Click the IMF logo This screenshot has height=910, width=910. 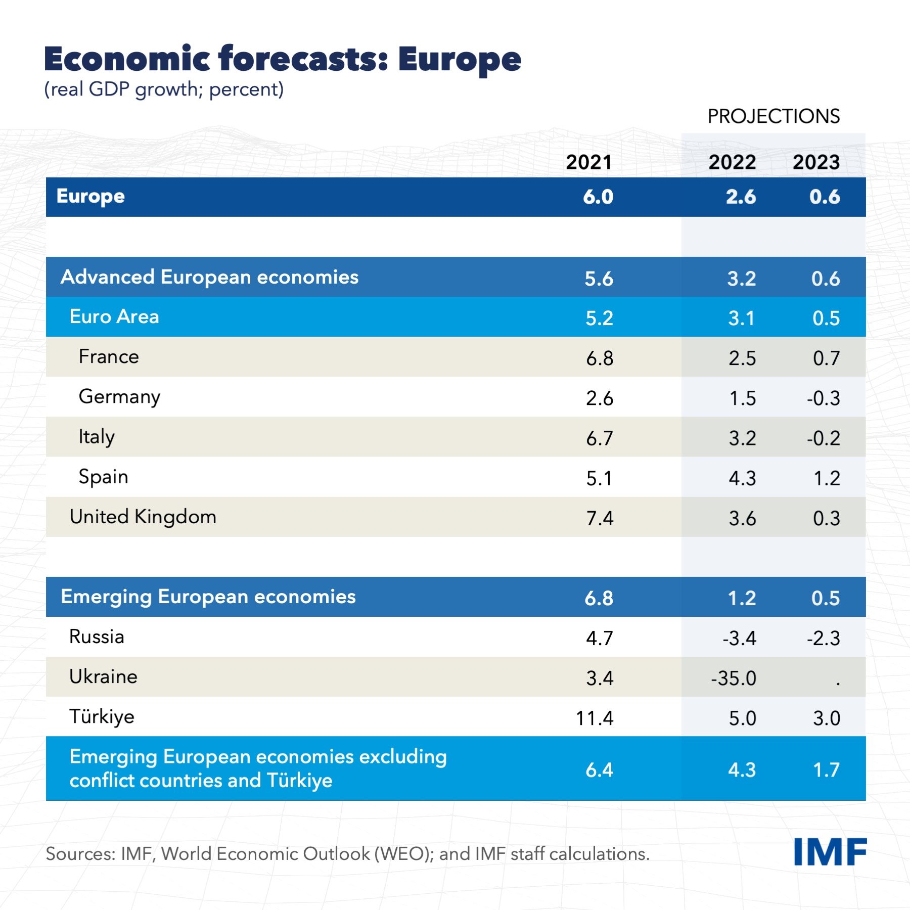(830, 852)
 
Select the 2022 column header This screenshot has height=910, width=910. (732, 162)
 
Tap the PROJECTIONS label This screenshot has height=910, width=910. (773, 116)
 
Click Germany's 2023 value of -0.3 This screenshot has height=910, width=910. (824, 398)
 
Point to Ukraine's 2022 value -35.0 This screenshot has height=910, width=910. (734, 678)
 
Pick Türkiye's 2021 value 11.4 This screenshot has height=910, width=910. (595, 718)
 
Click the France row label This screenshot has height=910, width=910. (109, 357)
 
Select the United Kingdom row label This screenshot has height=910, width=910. (143, 517)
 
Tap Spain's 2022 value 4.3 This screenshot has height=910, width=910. (742, 478)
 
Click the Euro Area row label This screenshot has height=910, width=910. (114, 317)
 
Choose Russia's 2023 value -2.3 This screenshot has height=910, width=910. (824, 638)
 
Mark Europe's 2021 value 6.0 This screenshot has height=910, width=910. (598, 197)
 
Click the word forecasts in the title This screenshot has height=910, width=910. (303, 59)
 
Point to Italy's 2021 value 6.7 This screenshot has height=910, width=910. (600, 438)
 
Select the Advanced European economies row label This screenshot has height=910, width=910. (209, 277)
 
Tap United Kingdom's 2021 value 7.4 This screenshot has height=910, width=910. (600, 518)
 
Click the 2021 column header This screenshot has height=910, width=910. (588, 162)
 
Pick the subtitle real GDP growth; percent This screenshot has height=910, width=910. (164, 89)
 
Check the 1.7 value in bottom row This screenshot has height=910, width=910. (826, 770)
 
